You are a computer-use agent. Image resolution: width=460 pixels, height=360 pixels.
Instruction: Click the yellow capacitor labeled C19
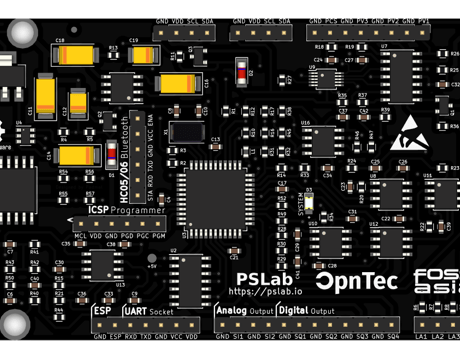click(x=141, y=56)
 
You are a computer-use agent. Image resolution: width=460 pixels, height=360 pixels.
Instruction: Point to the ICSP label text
click(x=98, y=210)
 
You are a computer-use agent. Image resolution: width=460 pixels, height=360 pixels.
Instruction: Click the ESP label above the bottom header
click(x=103, y=311)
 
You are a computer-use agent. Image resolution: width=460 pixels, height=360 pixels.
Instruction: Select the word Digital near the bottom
click(x=292, y=311)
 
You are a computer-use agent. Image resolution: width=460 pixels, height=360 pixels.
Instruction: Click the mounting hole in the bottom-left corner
click(x=15, y=325)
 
